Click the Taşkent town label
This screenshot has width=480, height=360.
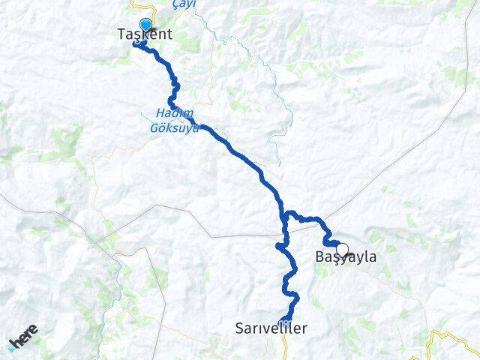[145, 34]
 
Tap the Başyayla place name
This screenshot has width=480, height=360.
[345, 257]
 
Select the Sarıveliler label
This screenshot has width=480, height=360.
[271, 328]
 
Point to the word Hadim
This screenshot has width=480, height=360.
[168, 113]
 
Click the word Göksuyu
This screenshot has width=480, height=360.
[174, 128]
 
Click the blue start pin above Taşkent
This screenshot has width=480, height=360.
[145, 25]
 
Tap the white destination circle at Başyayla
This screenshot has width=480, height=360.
[342, 250]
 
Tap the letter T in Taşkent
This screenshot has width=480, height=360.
[121, 34]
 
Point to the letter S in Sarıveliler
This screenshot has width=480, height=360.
[240, 328]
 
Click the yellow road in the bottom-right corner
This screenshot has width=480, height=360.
[435, 341]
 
